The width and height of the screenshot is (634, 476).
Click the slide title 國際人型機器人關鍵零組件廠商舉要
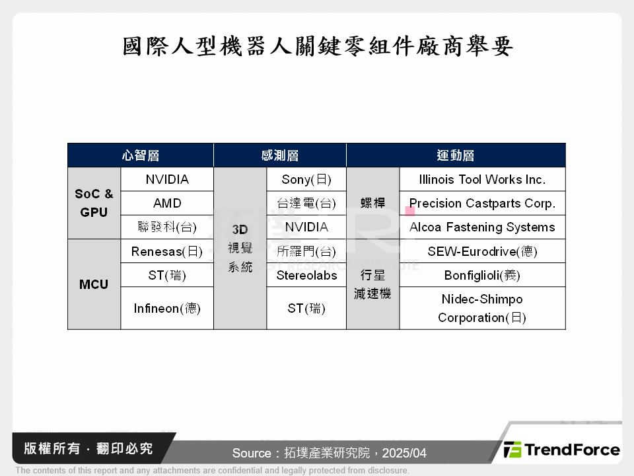pyautogui.click(x=317, y=46)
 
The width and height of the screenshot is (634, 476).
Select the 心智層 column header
pyautogui.click(x=140, y=155)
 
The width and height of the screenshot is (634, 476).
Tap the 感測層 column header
pyautogui.click(x=280, y=155)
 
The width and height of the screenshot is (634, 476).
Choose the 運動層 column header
pyautogui.click(x=456, y=155)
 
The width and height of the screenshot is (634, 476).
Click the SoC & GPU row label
pyautogui.click(x=94, y=203)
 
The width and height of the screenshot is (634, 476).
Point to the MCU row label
pyautogui.click(x=94, y=284)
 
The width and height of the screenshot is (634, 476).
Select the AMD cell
pyautogui.click(x=167, y=203)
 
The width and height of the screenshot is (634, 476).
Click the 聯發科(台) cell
pyautogui.click(x=167, y=227)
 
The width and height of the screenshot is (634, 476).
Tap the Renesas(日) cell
pyautogui.click(x=167, y=251)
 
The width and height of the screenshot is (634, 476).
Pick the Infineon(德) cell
pyautogui.click(x=167, y=308)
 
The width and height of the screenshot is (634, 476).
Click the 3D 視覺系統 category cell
pyautogui.click(x=240, y=249)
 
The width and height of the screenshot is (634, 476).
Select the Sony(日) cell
pyautogui.click(x=306, y=179)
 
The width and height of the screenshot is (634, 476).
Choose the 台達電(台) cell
pyautogui.click(x=306, y=203)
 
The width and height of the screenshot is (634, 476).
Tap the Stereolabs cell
pyautogui.click(x=306, y=275)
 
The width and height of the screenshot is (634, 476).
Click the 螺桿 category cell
pyautogui.click(x=372, y=203)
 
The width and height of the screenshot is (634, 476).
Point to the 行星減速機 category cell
pyautogui.click(x=372, y=284)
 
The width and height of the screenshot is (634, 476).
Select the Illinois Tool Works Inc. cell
pyautogui.click(x=482, y=179)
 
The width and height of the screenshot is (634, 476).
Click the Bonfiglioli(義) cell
pyautogui.click(x=482, y=275)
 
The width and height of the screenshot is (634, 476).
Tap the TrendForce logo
pyautogui.click(x=562, y=450)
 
